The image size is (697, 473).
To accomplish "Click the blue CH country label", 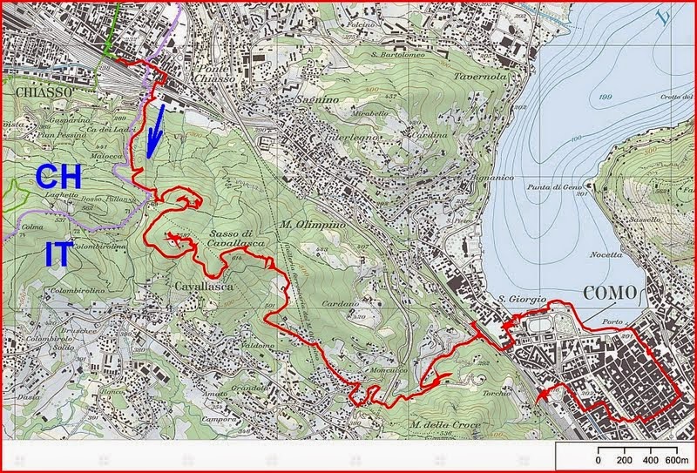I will click(59, 176).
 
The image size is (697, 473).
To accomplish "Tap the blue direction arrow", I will click(155, 132).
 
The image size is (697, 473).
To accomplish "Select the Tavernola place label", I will click(480, 77).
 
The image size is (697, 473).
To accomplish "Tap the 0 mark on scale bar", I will click(599, 459).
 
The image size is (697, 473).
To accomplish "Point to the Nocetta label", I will click(606, 254).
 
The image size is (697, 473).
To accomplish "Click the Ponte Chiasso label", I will click(215, 72).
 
